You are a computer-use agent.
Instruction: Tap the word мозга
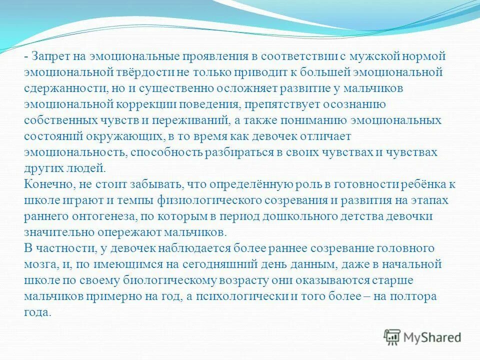click(39, 264)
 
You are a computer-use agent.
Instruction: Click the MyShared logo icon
click(392, 336)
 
